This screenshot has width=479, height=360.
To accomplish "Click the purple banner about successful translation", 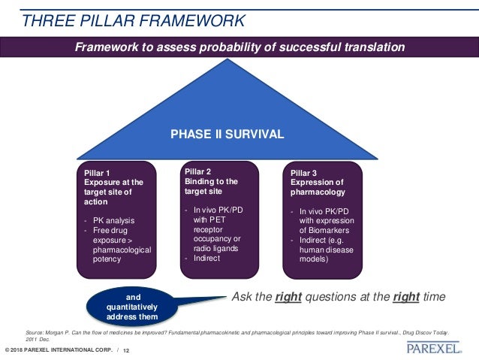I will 239,47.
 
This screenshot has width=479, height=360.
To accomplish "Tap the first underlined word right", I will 288,298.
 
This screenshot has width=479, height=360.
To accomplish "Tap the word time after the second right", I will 432,298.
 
